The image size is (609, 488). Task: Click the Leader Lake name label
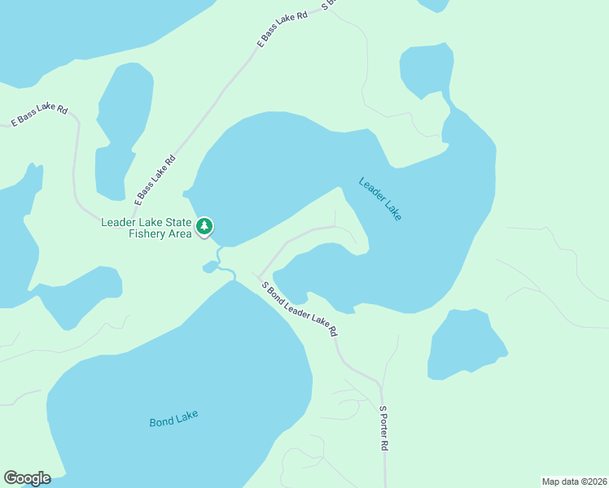coord(380,199)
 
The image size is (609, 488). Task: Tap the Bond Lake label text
coord(173,420)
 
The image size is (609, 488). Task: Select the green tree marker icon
coord(205,225)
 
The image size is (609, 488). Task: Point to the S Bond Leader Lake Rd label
coord(299,308)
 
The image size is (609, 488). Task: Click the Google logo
coord(27,478)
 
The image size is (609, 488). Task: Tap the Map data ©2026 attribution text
coord(574,481)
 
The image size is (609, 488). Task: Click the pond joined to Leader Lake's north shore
coord(426,71)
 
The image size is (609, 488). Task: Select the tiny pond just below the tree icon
coord(211,267)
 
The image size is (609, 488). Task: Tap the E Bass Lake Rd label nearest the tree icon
coord(155,180)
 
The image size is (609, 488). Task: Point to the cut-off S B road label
coord(328,4)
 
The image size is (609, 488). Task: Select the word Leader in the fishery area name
coord(118,223)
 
